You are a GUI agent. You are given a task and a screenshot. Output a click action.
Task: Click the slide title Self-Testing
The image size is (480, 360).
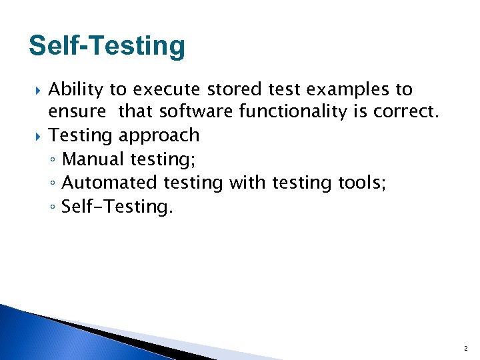pos(107,46)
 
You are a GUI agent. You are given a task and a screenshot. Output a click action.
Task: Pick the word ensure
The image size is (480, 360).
pos(77,112)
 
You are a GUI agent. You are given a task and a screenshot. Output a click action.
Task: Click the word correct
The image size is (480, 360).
pos(406,112)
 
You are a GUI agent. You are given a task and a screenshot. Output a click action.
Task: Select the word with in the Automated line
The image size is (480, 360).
pos(245,182)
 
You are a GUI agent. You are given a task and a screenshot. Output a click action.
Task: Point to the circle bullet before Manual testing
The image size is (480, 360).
pos(53,160)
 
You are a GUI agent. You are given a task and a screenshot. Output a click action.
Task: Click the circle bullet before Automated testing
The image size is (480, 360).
pos(53,183)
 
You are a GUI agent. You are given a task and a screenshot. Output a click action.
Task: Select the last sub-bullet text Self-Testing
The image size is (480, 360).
pos(117,206)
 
